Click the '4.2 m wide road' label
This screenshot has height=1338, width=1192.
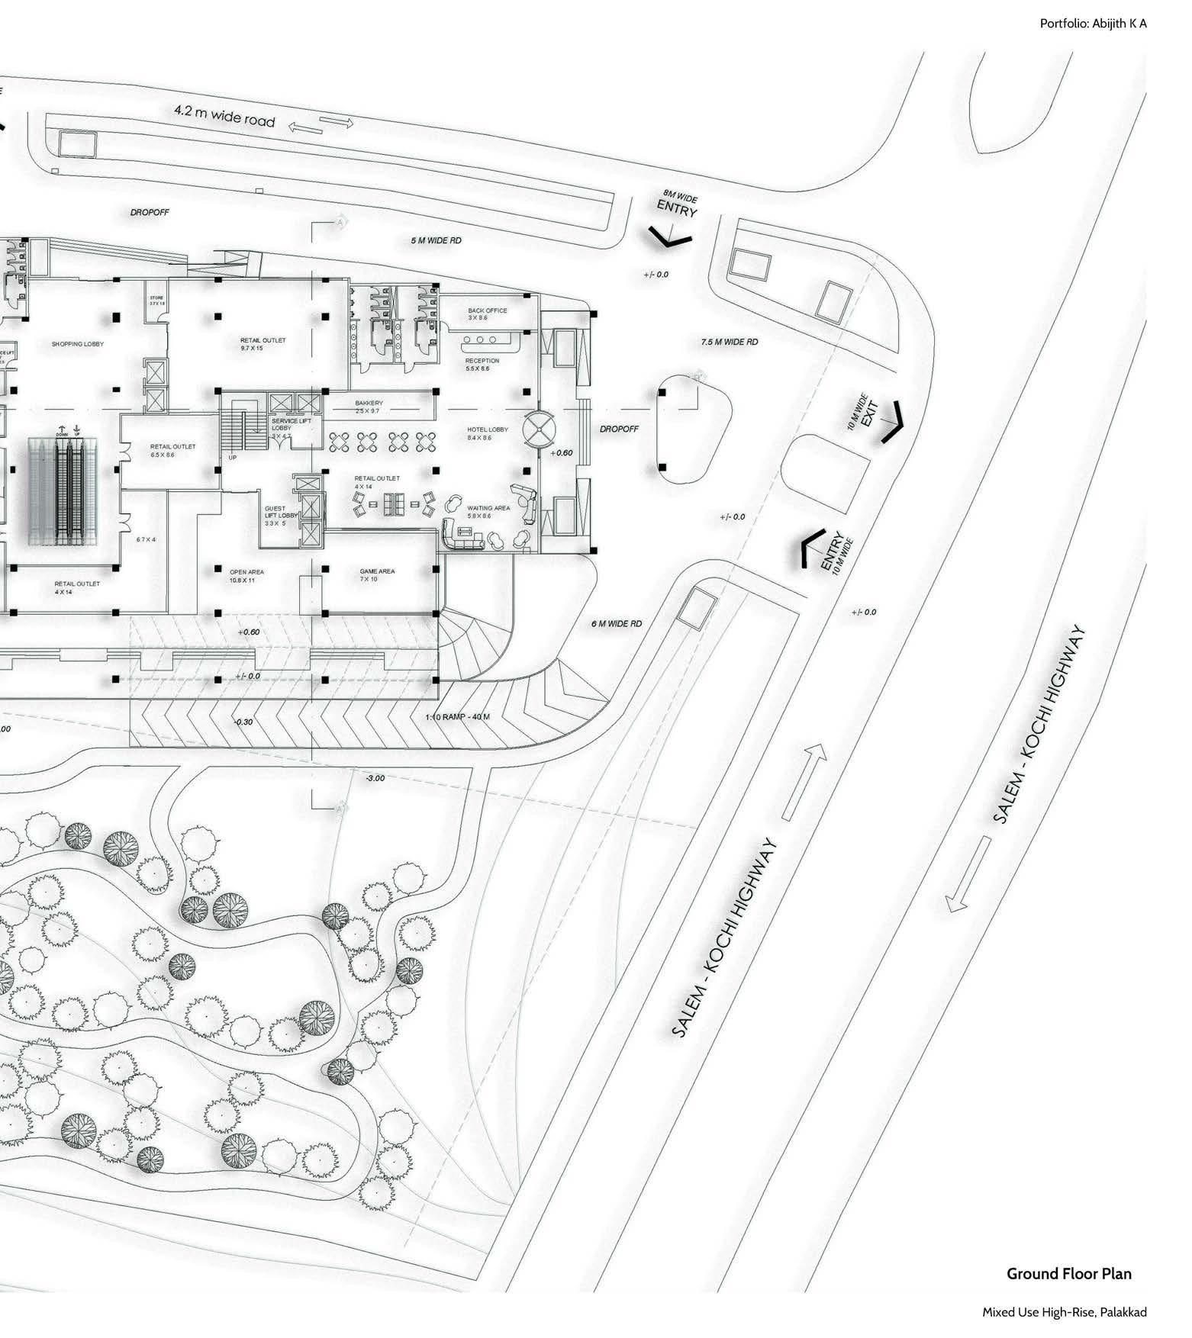[x=224, y=115]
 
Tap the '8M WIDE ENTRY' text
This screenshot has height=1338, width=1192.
[x=678, y=205]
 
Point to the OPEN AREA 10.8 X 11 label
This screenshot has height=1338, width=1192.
[x=246, y=575]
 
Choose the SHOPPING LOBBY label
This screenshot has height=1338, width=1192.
[x=78, y=344]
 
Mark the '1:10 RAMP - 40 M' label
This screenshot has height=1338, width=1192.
[x=457, y=717]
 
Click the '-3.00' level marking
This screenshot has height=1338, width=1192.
[x=375, y=778]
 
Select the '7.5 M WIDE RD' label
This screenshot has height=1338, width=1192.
[x=730, y=342]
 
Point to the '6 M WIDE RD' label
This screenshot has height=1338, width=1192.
[x=616, y=623]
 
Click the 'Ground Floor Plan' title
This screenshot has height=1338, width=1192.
[x=1068, y=1273]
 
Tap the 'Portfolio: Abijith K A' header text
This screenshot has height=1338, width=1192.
[x=1093, y=24]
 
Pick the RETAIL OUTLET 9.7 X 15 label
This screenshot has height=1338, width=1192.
[x=263, y=344]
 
